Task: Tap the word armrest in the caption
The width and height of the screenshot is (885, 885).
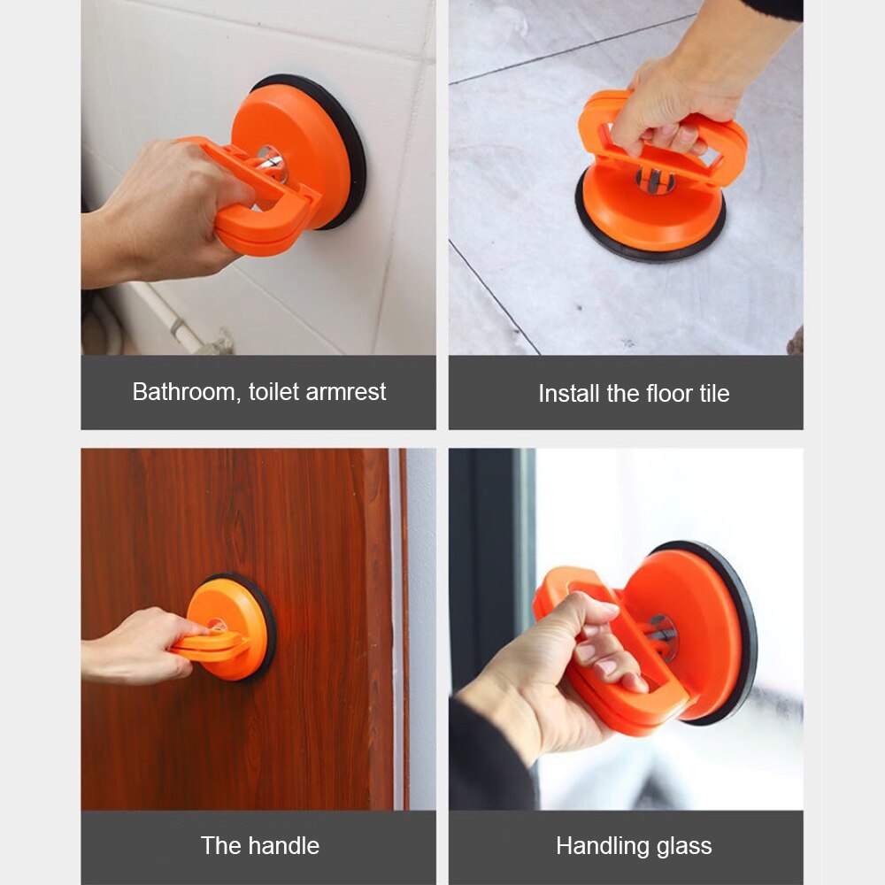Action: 345,392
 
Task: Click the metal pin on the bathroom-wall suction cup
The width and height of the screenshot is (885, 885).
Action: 271,160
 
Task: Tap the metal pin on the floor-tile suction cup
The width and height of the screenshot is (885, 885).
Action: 654,181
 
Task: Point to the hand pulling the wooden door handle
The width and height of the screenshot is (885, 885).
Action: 138,645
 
